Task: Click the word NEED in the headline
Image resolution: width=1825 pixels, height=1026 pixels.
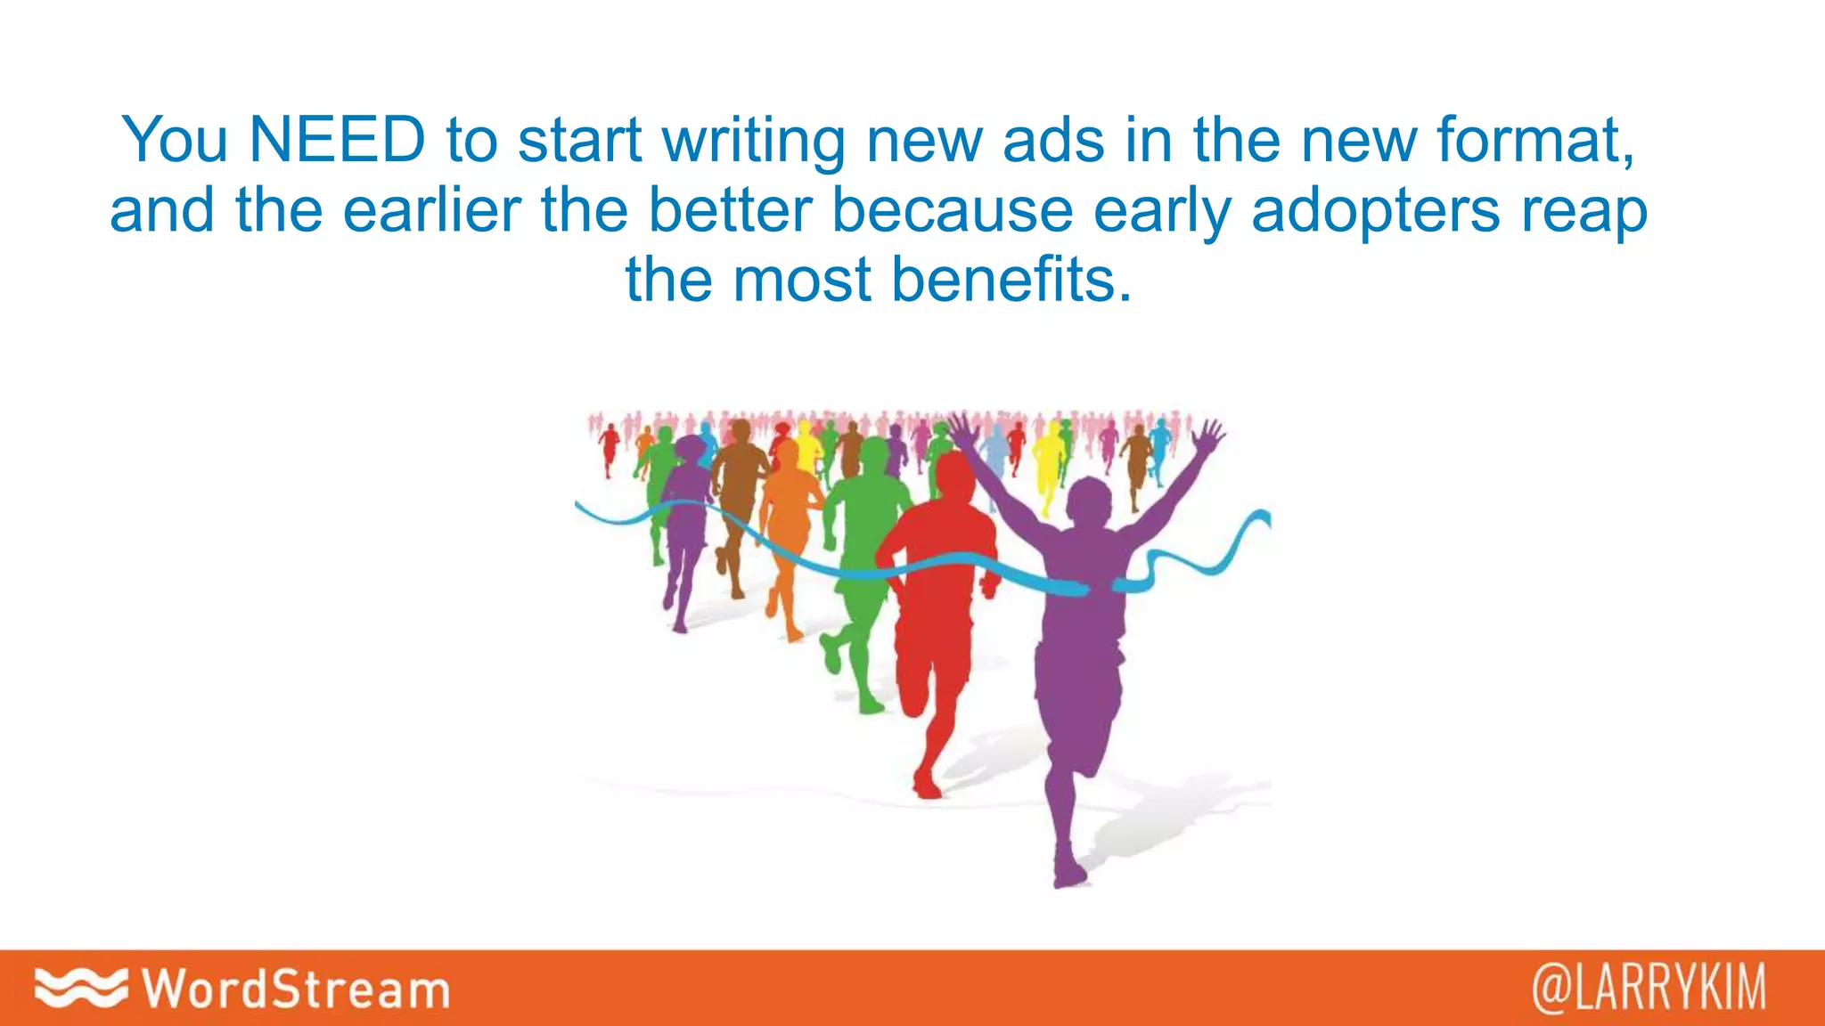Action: (x=337, y=140)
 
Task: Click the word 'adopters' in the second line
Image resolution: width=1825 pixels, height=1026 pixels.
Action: (x=1376, y=212)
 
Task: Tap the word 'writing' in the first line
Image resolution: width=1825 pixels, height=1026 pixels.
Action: (x=754, y=142)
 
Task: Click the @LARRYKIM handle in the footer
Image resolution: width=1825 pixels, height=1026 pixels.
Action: (x=1649, y=989)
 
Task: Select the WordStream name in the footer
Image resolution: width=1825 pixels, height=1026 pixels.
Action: (x=296, y=989)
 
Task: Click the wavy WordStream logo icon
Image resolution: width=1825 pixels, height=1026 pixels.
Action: (x=80, y=987)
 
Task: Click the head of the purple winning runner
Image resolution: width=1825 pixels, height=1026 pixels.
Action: (x=1089, y=503)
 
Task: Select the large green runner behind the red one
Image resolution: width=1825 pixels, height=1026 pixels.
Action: (x=863, y=534)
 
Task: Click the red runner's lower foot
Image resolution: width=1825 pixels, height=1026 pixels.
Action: (x=927, y=788)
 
